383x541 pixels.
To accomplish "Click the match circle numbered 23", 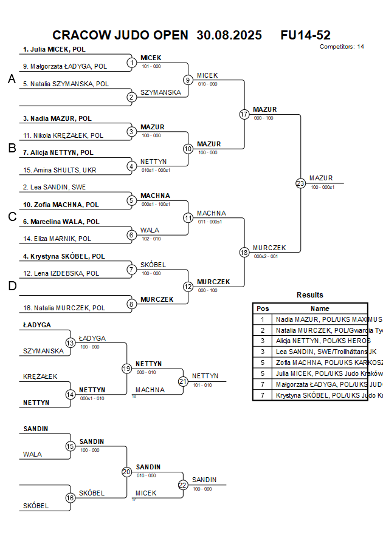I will pyautogui.click(x=300, y=183).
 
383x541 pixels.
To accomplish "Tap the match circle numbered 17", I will pyautogui.click(x=244, y=114).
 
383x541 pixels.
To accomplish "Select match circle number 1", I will pyautogui.click(x=132, y=63).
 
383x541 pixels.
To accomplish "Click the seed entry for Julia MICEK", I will pyautogui.click(x=54, y=49).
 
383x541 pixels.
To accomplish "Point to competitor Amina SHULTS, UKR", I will pyautogui.click(x=60, y=170).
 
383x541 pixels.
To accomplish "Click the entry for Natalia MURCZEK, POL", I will pyautogui.click(x=64, y=308).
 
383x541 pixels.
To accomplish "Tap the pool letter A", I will pyautogui.click(x=12, y=80).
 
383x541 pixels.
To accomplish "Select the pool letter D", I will pyautogui.click(x=12, y=287).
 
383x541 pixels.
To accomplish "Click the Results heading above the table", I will pyautogui.click(x=310, y=295).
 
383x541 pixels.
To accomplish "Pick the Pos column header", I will pyautogui.click(x=263, y=308).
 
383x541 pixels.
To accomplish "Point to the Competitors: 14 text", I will pyautogui.click(x=342, y=46).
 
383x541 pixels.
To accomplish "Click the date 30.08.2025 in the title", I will pyautogui.click(x=229, y=35).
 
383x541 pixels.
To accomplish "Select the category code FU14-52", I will pyautogui.click(x=305, y=35).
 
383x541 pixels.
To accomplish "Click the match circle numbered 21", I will pyautogui.click(x=183, y=381).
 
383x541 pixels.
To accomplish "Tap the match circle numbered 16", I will pyautogui.click(x=70, y=498).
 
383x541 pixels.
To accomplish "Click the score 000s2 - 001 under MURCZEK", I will pyautogui.click(x=266, y=256).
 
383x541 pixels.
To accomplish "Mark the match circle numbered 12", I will pyautogui.click(x=188, y=287).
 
